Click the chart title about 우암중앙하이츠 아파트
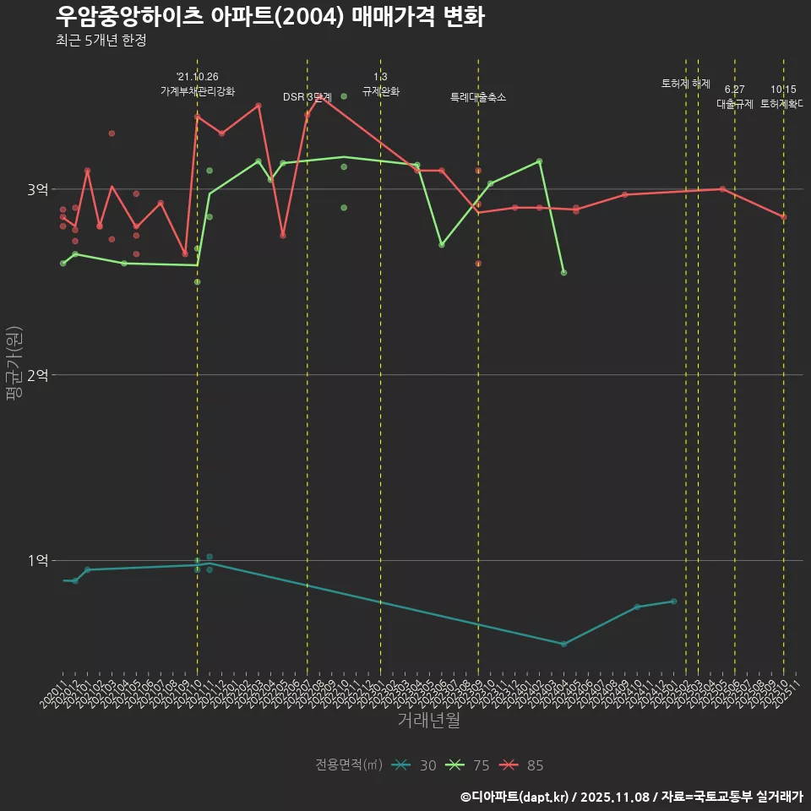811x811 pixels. [x=269, y=17]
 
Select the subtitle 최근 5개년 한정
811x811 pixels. [x=101, y=41]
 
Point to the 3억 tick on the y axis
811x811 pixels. [x=38, y=189]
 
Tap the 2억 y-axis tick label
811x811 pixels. [x=38, y=375]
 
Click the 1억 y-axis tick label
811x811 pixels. [x=38, y=560]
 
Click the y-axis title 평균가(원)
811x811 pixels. [x=13, y=363]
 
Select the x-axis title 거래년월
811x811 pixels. [x=428, y=721]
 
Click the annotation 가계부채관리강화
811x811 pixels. [x=198, y=91]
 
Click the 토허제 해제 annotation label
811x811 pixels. [x=686, y=84]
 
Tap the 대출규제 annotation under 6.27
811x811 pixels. [x=735, y=104]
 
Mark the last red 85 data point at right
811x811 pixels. [x=783, y=217]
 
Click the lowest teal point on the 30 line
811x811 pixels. [x=563, y=644]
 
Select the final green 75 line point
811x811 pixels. [x=563, y=273]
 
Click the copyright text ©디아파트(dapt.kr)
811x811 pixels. [x=515, y=797]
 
